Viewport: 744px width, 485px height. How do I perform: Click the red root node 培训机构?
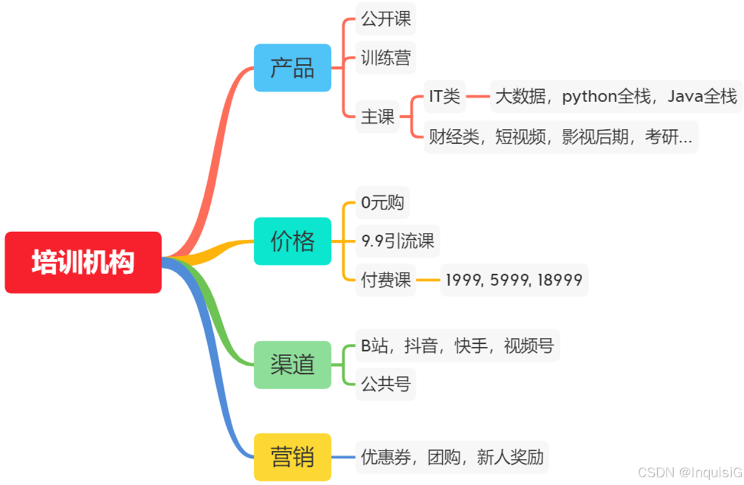83,262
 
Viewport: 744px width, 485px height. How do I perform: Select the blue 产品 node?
292,68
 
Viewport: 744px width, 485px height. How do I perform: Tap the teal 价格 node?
292,241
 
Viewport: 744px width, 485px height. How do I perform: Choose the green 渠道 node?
292,364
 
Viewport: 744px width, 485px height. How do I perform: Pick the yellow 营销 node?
292,457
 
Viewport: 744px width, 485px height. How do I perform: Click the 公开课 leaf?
386,19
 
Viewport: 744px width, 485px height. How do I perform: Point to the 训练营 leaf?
386,58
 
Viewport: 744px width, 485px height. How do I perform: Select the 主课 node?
377,116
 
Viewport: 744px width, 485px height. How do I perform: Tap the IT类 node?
445,96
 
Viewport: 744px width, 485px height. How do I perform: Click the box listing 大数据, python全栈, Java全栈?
616,96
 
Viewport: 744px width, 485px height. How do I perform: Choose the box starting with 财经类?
560,137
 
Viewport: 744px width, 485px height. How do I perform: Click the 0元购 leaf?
382,203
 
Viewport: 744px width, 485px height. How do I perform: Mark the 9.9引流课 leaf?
397,241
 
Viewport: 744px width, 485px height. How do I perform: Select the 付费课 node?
386,279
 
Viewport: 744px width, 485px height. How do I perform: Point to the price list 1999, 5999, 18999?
514,280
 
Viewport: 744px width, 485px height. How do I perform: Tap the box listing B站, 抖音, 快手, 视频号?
457,346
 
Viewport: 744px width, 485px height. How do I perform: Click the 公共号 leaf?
386,385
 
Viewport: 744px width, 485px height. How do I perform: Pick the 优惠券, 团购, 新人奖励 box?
452,457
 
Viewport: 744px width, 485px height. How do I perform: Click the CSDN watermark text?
689,473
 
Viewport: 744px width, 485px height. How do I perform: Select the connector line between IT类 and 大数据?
478,96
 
